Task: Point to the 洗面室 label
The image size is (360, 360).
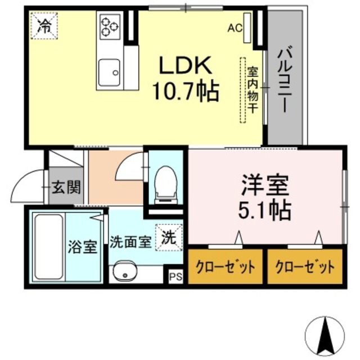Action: pyautogui.click(x=129, y=242)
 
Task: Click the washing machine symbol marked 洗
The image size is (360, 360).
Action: pyautogui.click(x=169, y=236)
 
